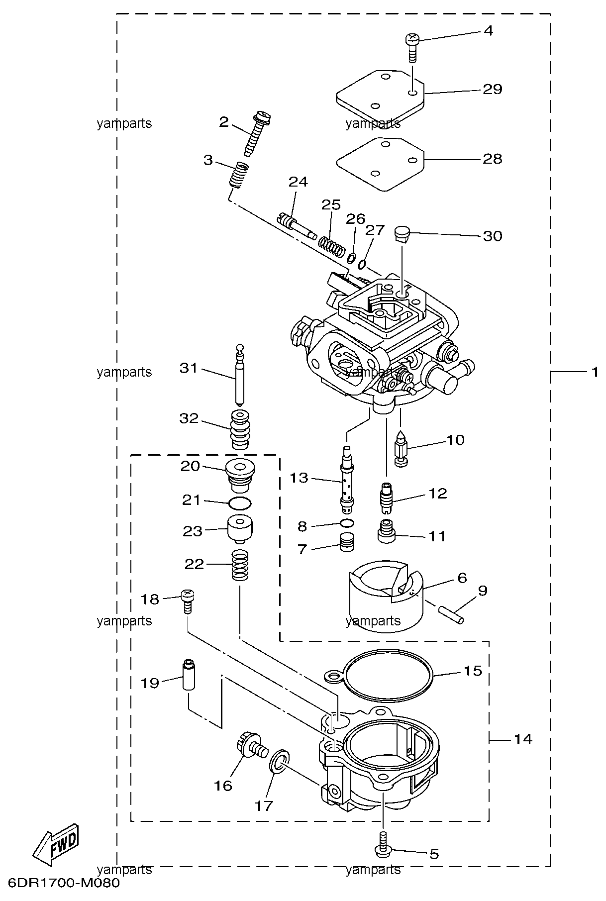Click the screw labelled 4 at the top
(x=412, y=47)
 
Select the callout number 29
(x=492, y=90)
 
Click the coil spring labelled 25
(x=332, y=245)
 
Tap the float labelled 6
(x=386, y=597)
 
